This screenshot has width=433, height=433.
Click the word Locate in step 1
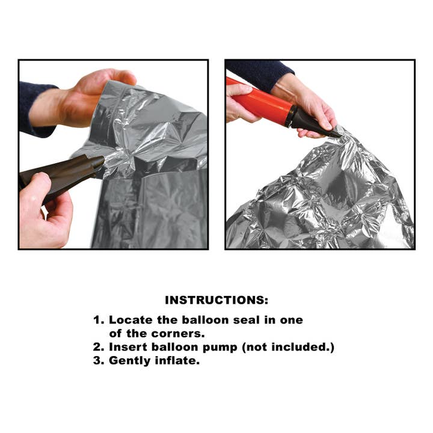click(x=131, y=320)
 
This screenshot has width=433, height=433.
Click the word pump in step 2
click(x=220, y=348)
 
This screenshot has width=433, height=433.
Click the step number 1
click(x=98, y=320)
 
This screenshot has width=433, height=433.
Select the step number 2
click(x=98, y=347)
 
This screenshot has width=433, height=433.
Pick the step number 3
click(x=98, y=361)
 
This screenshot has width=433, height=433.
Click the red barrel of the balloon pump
click(x=258, y=100)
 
